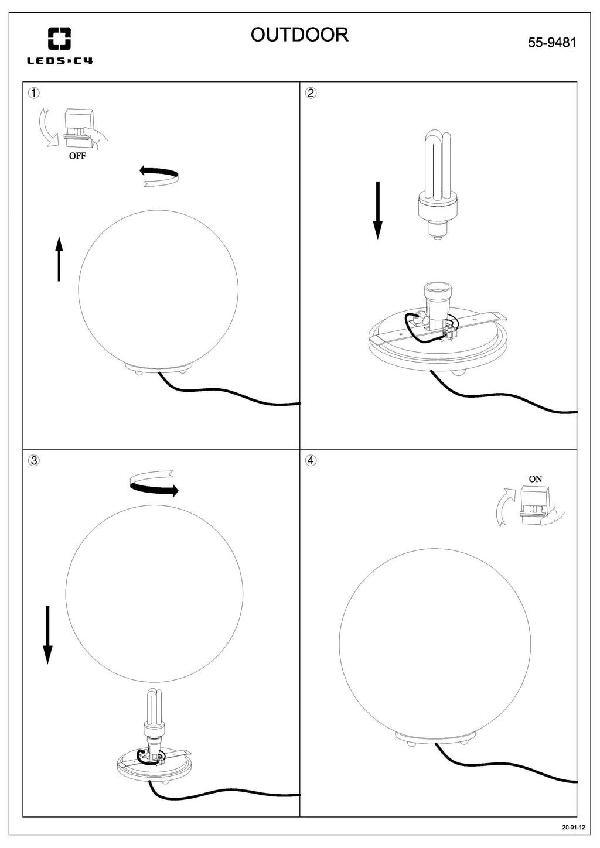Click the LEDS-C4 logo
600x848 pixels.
tap(59, 46)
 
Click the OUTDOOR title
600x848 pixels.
tap(299, 35)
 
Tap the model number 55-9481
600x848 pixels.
tap(552, 42)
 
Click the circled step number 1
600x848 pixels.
tap(34, 93)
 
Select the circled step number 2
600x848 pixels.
tap(311, 93)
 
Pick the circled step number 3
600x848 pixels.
tap(34, 461)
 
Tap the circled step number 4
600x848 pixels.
tap(311, 461)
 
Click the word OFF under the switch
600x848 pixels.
tap(77, 156)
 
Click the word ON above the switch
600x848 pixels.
tap(535, 479)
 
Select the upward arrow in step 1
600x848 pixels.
tap(59, 259)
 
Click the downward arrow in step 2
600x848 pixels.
tap(378, 210)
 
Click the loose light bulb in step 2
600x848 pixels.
tap(438, 185)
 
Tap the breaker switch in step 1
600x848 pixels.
tap(79, 128)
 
